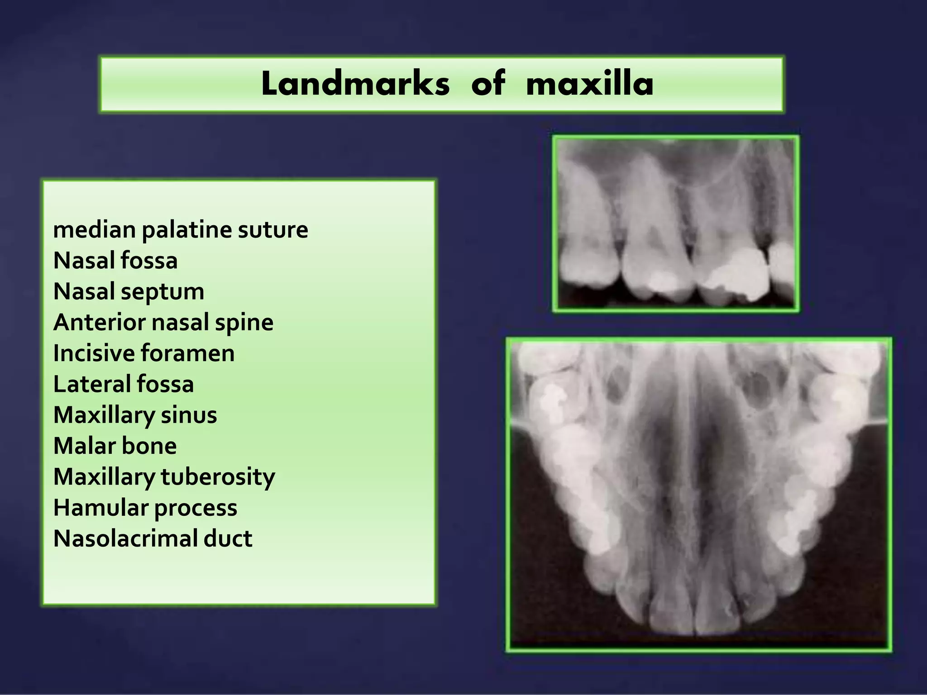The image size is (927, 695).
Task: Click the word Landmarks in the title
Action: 355,84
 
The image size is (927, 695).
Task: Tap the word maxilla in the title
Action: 589,84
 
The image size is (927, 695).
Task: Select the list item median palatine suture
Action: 181,230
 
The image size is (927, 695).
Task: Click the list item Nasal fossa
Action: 115,261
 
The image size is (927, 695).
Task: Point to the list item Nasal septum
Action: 129,291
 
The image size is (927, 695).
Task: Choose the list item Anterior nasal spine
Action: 163,323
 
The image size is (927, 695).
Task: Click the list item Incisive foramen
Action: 144,353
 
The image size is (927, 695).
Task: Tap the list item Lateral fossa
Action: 124,384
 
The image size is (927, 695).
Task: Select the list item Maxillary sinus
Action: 135,415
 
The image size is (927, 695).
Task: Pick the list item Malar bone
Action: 115,446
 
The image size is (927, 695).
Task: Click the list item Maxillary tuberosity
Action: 164,477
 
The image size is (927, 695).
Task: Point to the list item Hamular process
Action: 145,508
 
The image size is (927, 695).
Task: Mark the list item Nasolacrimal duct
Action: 153,539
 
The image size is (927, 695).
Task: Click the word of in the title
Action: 487,84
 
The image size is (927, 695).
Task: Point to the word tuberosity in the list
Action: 218,477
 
